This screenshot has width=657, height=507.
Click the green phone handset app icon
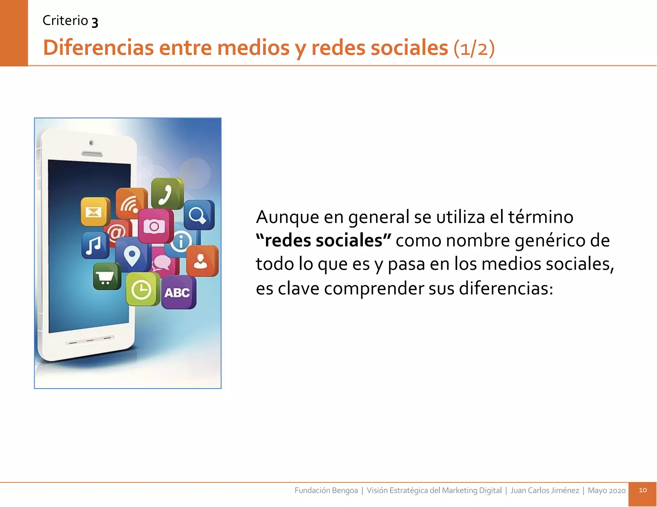point(167,194)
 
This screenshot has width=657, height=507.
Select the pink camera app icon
point(155,226)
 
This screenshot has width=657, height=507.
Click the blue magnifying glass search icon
point(199,215)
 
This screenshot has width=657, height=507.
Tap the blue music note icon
point(95,245)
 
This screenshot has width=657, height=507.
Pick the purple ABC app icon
point(178,293)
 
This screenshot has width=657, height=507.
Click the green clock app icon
point(141,290)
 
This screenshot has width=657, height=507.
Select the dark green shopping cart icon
point(107,276)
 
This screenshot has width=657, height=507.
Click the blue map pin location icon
point(132,255)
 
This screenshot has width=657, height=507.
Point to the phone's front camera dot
point(91,143)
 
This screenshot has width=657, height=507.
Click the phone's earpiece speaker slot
point(92,154)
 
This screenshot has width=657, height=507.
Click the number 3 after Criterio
point(95,22)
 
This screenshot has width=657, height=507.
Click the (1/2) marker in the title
point(474,48)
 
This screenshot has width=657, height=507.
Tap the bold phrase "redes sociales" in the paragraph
point(323,241)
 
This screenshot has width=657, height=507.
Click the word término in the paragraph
point(541,217)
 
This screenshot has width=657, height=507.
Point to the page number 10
point(643,490)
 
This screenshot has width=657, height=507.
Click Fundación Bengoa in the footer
point(326,490)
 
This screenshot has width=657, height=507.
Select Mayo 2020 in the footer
point(606,490)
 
